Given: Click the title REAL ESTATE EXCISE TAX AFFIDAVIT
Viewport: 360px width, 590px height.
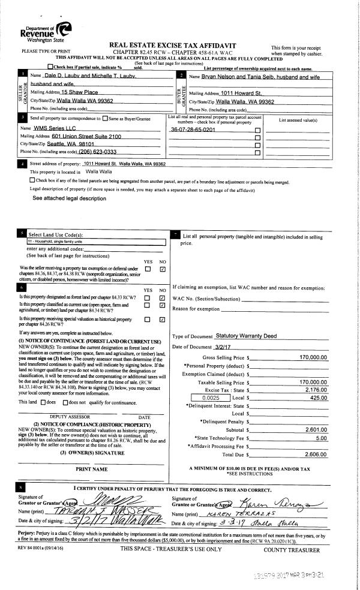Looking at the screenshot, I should pos(173,46).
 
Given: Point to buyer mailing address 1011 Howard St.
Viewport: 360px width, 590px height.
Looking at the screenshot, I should pos(242,94).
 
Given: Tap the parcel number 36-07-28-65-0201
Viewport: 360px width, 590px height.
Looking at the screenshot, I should pos(193,130).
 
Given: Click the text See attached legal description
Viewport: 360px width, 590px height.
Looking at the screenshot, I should pos(69,198).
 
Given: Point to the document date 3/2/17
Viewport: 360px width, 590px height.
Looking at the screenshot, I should pos(223,347).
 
